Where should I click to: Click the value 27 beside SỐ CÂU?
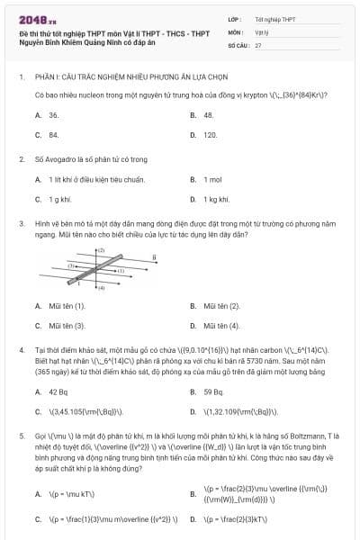258,44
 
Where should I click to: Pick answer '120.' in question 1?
211,135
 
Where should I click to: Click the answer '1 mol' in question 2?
213,179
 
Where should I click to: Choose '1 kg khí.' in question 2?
217,199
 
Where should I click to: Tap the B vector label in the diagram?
154,256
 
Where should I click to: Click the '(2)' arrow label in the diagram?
102,249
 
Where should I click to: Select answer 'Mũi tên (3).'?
67,325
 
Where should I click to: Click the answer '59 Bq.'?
213,392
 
